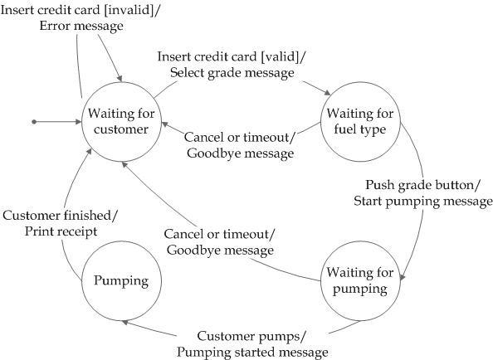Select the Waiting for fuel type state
pos(360,122)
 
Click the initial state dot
pos(34,122)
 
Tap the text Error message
pos(81,26)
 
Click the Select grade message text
pos(232,73)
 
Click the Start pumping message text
pos(423,201)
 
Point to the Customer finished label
pos(60,216)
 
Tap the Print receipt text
pos(61,231)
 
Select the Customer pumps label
pos(251,336)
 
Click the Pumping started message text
pos(252,353)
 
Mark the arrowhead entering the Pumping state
pos(124,323)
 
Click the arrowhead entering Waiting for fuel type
pos(327,93)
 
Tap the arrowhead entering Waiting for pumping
pos(403,276)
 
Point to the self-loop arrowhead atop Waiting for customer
pos(120,79)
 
